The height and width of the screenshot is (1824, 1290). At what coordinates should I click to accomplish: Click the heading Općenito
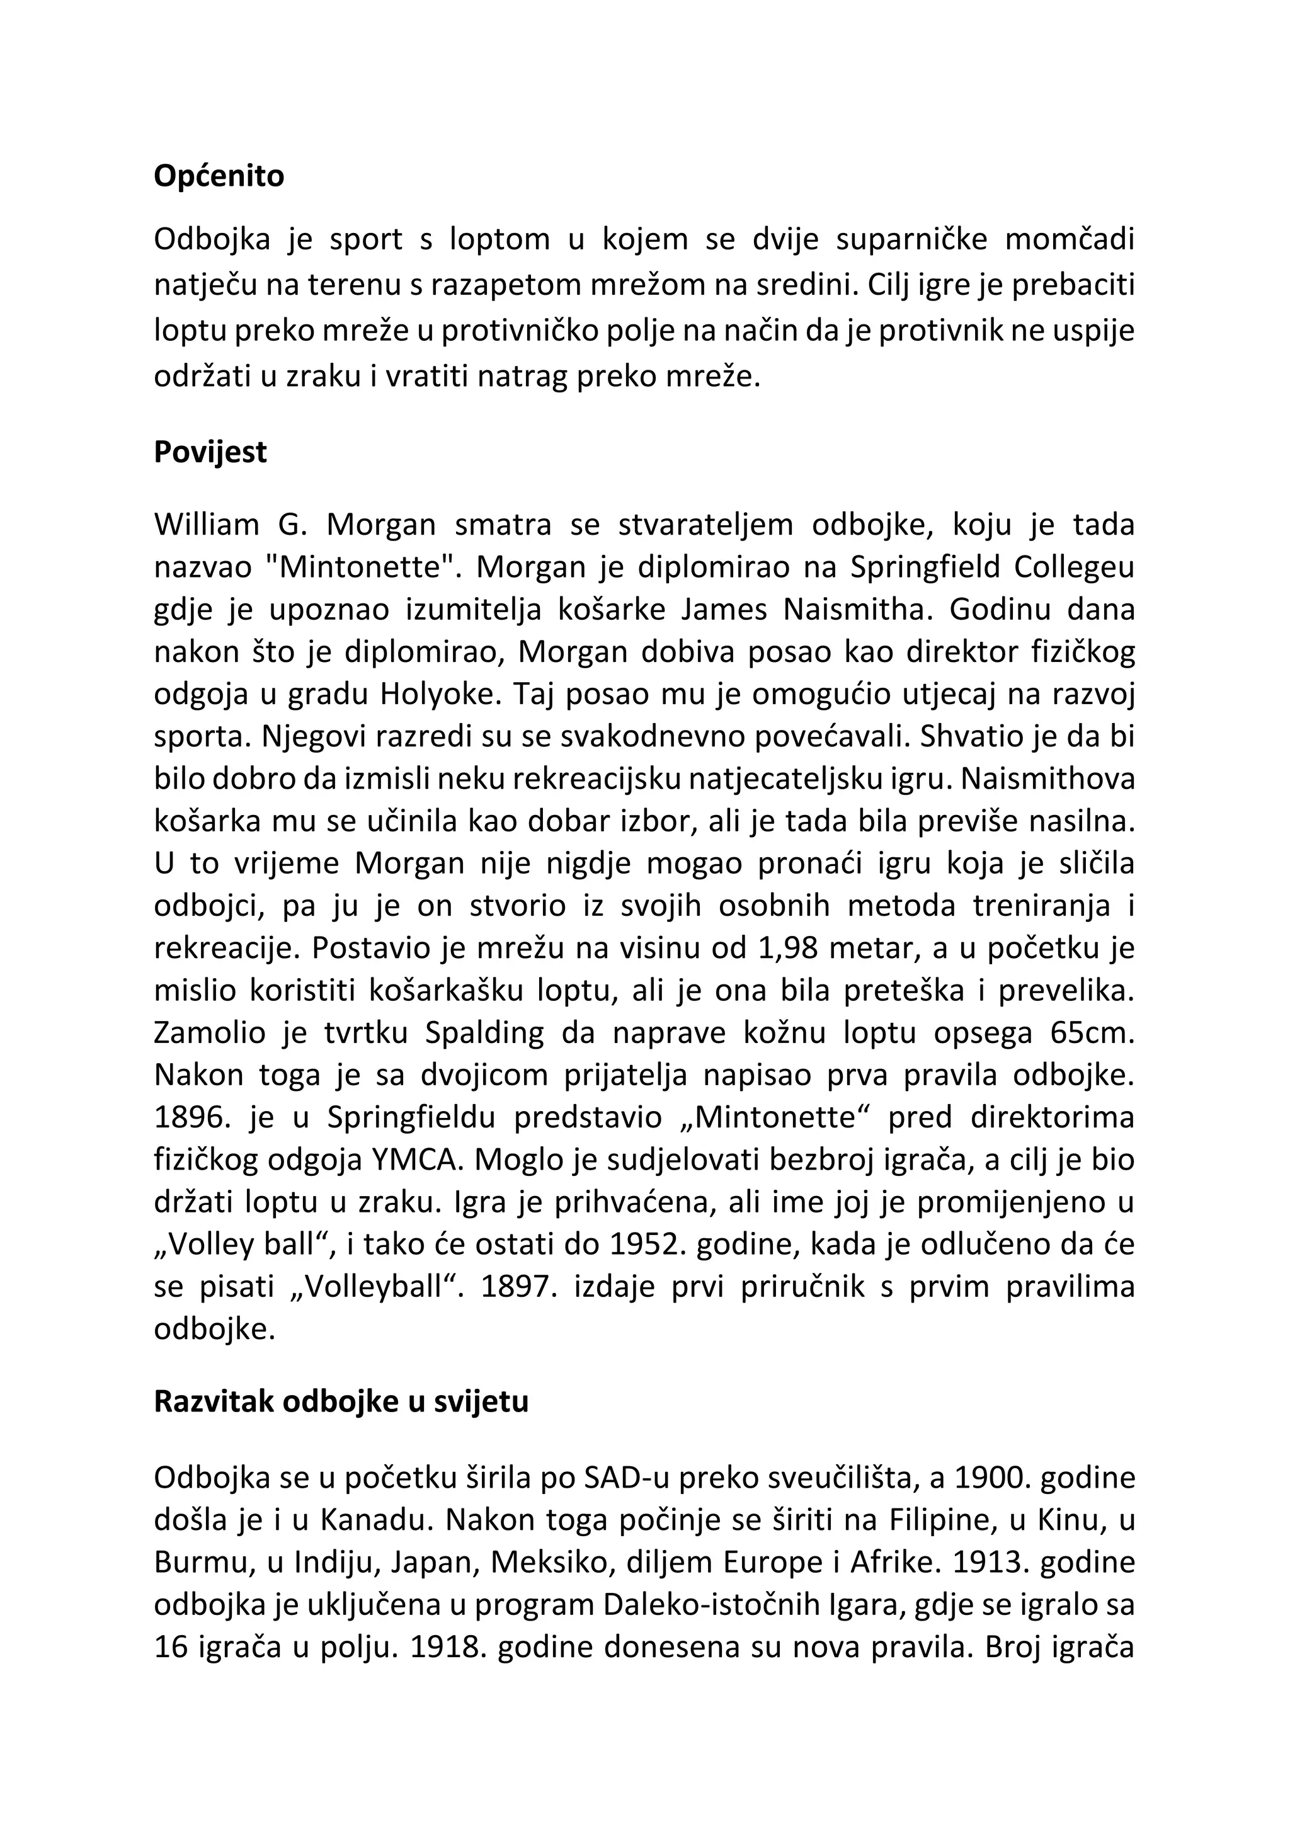(219, 176)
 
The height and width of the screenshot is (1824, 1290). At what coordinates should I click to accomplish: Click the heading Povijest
(210, 452)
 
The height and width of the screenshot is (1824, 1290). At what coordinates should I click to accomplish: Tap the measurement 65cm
(1092, 1033)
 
